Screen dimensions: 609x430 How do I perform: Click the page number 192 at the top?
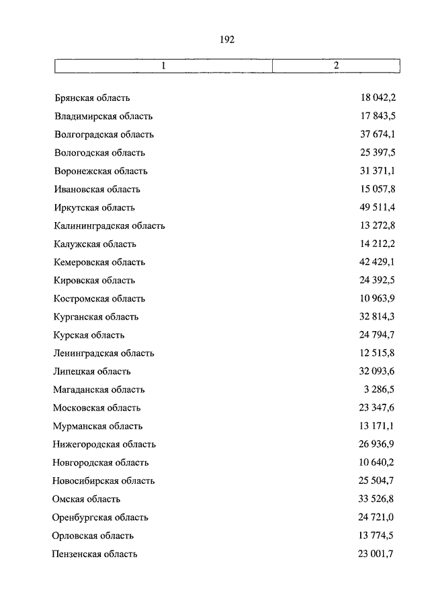pos(226,40)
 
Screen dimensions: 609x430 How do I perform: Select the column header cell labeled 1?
pos(163,66)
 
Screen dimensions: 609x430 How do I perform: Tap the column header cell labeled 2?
pos(337,66)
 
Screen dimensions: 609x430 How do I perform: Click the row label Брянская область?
pos(92,98)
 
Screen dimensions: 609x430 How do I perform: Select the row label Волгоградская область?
pos(104,135)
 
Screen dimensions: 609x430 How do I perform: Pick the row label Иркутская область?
pos(95,207)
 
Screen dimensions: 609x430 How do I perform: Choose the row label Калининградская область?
pos(110,225)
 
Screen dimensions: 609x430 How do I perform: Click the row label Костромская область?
pos(99,298)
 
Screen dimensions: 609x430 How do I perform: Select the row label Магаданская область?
pos(99,389)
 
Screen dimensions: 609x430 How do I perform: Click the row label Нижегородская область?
pos(104,443)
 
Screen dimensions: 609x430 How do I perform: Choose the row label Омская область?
pos(87,499)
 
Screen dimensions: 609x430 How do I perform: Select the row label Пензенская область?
pos(95,554)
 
